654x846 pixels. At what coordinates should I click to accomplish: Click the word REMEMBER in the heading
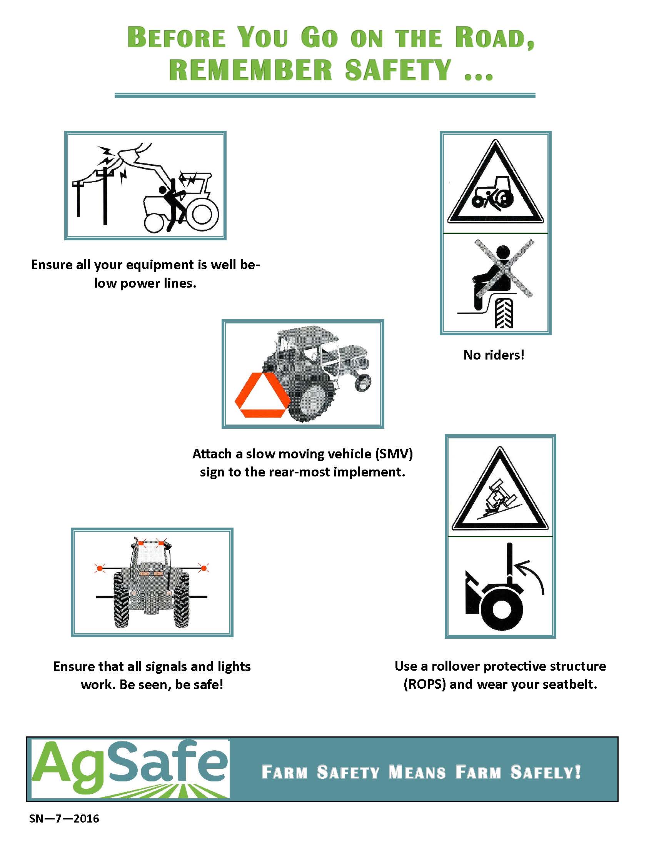click(x=251, y=70)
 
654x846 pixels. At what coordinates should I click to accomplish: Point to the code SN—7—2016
click(x=64, y=818)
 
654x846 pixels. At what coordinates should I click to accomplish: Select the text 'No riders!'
click(x=494, y=355)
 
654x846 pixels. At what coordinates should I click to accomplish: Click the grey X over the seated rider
click(x=504, y=268)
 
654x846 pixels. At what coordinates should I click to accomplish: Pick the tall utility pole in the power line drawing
click(x=105, y=196)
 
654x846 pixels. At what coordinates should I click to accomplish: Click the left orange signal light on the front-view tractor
click(x=100, y=568)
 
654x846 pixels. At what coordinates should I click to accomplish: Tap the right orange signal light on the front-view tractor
click(x=204, y=568)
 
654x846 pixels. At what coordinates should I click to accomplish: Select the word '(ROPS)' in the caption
click(x=425, y=684)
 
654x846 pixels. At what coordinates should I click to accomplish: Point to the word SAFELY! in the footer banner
click(x=546, y=772)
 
